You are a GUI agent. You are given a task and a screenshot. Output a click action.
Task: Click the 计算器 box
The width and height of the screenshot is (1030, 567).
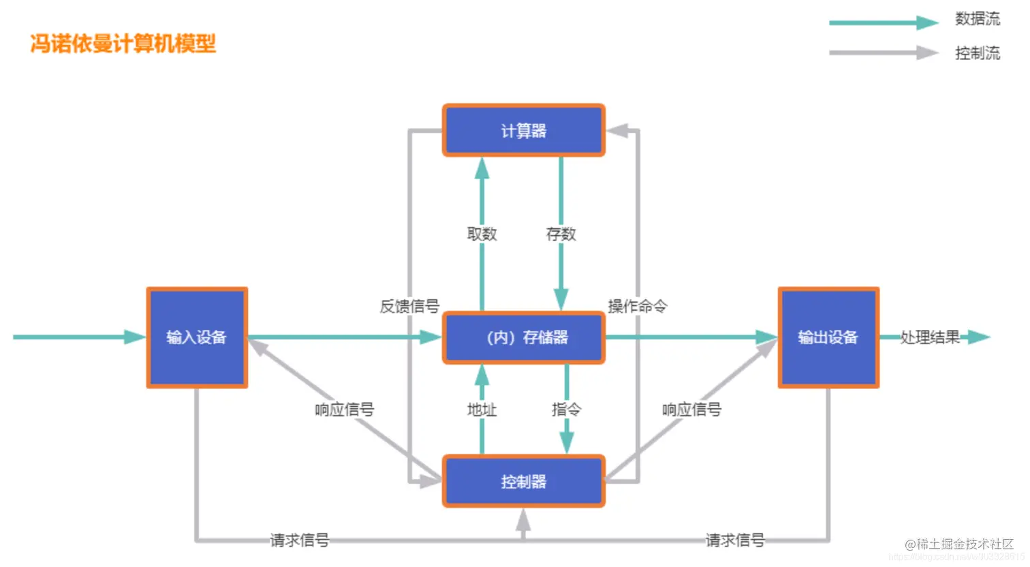[523, 130]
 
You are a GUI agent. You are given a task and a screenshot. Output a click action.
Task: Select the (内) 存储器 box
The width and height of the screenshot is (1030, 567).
[523, 337]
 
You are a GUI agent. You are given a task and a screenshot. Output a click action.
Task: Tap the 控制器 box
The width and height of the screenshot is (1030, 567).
[523, 481]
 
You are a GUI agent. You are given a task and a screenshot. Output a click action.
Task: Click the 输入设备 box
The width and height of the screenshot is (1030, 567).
[197, 337]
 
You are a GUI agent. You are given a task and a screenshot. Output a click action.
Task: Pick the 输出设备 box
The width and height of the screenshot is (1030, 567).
[828, 337]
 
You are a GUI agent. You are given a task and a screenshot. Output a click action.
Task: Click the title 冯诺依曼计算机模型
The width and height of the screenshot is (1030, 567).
[123, 44]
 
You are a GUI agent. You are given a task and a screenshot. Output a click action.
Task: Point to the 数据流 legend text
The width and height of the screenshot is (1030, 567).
[977, 19]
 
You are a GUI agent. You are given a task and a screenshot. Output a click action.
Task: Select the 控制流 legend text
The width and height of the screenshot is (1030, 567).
[977, 53]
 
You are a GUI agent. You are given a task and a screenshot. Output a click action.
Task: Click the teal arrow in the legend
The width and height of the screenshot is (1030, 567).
[883, 23]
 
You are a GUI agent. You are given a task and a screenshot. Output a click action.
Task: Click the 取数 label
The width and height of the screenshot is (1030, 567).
[482, 234]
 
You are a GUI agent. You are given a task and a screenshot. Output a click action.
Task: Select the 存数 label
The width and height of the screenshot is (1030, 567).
[561, 234]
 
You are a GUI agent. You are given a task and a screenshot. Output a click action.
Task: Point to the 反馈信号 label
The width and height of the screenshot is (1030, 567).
[409, 306]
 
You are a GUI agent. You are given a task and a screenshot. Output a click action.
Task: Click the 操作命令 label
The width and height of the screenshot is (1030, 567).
[637, 306]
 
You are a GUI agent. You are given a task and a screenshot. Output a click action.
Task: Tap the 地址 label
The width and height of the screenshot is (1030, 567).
[482, 409]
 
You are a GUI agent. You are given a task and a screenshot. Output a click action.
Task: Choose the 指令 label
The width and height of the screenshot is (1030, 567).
[566, 409]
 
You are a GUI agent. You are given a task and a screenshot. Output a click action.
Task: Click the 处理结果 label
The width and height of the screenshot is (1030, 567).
[930, 337]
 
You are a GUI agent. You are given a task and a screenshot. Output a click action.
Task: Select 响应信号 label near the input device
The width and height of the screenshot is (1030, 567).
[344, 409]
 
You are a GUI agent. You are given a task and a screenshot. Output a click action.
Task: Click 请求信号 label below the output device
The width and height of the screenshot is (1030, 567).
[734, 540]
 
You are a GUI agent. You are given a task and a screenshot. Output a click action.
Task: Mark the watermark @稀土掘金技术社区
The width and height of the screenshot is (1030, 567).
[959, 544]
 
